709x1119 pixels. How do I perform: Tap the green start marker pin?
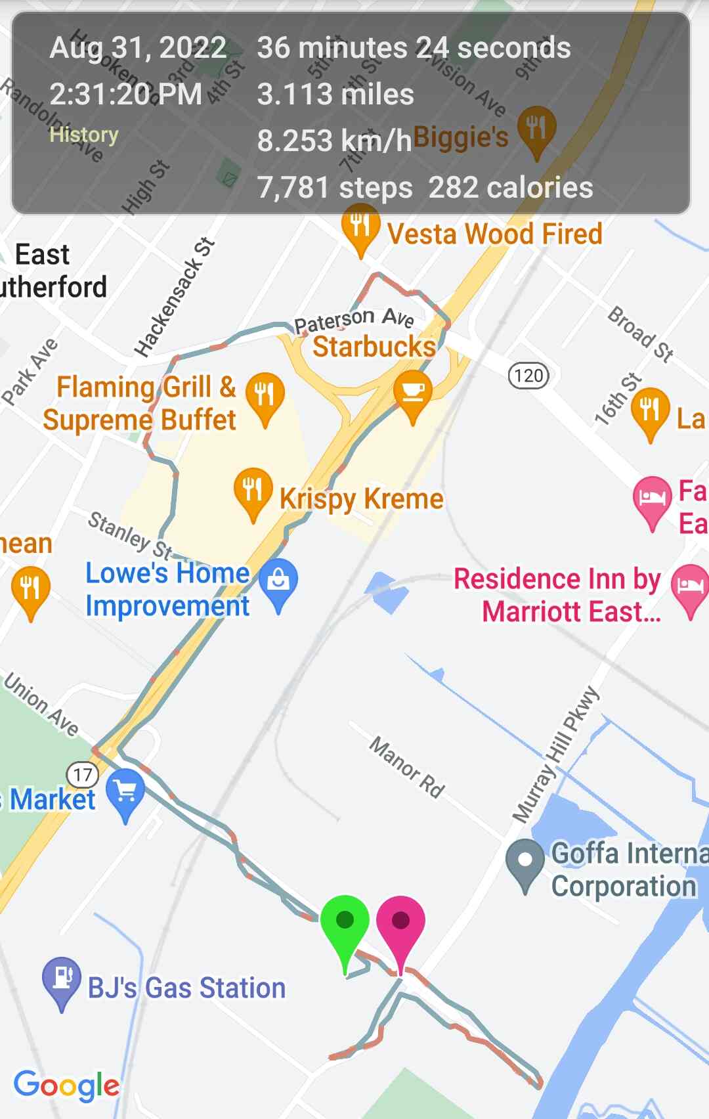click(x=345, y=923)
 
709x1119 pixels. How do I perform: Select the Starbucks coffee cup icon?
click(x=413, y=393)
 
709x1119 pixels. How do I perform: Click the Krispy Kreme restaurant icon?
click(x=253, y=489)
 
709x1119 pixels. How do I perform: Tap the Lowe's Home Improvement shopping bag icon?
click(x=278, y=580)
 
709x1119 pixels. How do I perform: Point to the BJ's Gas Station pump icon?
click(x=62, y=978)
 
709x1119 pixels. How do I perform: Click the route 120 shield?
click(x=528, y=376)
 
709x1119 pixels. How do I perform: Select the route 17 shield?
click(x=83, y=775)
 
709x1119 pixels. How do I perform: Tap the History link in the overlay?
click(x=84, y=135)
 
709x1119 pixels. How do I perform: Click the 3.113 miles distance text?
click(x=335, y=94)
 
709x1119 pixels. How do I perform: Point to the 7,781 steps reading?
click(x=335, y=188)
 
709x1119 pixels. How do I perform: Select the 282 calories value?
click(x=510, y=188)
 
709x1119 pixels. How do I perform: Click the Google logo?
click(x=66, y=1085)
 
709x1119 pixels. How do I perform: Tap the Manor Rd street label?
click(x=407, y=766)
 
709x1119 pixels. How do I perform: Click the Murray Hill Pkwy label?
click(x=556, y=755)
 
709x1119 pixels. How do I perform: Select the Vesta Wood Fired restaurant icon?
click(x=360, y=225)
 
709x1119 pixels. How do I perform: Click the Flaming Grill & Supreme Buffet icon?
click(x=265, y=394)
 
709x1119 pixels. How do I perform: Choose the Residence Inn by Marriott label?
click(x=558, y=595)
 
